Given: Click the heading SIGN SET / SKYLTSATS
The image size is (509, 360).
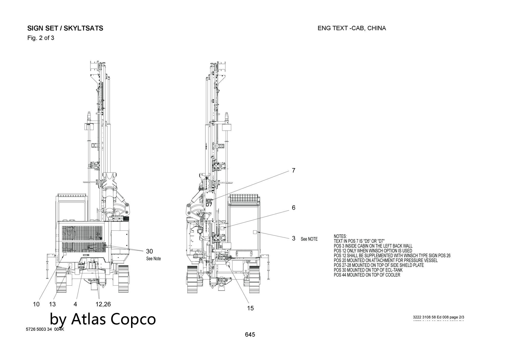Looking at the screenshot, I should pos(65,28).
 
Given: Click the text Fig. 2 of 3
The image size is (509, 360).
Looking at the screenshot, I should pos(41,38).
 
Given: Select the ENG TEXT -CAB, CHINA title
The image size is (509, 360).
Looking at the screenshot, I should pos(351,28).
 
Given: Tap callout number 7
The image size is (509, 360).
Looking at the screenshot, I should pos(293,171).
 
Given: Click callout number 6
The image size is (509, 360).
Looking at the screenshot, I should pos(293,208).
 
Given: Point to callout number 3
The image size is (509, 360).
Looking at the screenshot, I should pos(293,238).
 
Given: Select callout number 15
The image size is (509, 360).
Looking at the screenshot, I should pos(250,308).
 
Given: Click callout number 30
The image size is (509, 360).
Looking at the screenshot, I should pos(149,252).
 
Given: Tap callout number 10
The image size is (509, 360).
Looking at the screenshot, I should pos(36,304).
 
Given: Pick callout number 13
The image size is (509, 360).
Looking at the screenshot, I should pos(52,304).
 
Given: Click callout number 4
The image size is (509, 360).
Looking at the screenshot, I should pos(75,304).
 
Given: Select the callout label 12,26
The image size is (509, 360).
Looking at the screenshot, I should pos(103,304).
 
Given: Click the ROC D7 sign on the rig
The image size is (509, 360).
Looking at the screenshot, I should pos(209,203).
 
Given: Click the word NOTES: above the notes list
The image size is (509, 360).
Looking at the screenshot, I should pos(340,237).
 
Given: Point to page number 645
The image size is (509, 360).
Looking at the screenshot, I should pos(250,335).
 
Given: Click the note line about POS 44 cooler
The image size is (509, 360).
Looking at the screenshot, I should pos(367,275).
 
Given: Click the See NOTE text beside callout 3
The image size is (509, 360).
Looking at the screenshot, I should pos(309,239).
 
